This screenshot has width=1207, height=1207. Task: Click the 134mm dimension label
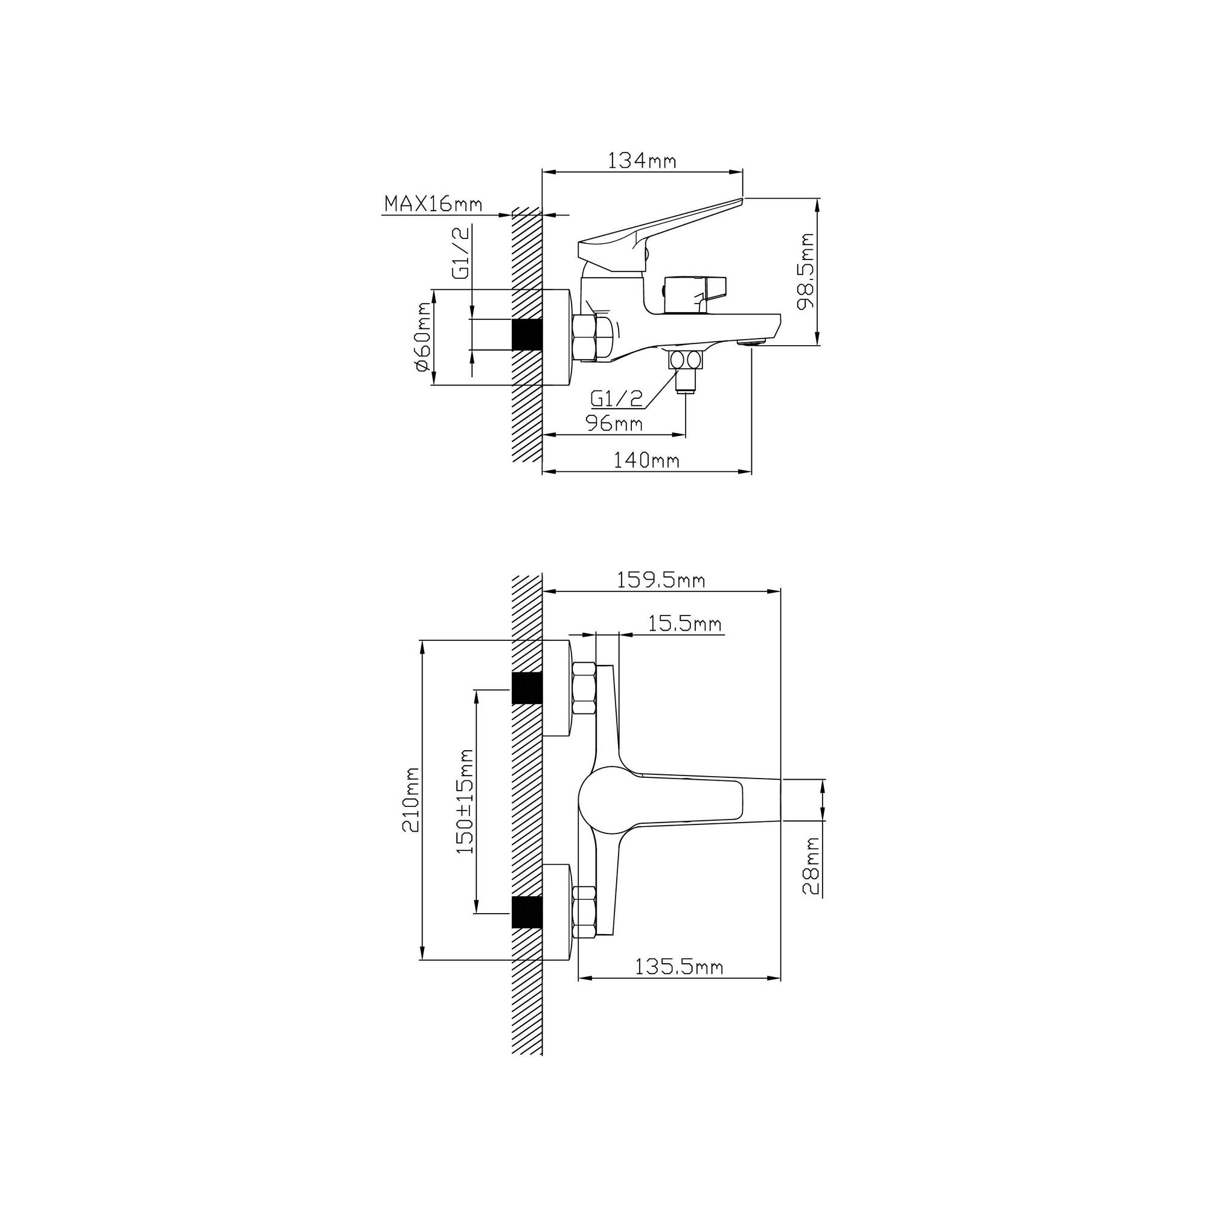click(642, 161)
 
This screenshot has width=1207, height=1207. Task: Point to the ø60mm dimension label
click(422, 337)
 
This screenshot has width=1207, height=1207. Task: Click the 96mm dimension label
click(614, 423)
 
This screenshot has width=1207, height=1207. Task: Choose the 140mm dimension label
click(646, 460)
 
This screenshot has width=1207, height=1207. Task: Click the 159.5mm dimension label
click(661, 581)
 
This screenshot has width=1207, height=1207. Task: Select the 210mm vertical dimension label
click(410, 800)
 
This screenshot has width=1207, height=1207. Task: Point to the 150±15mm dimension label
click(465, 801)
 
